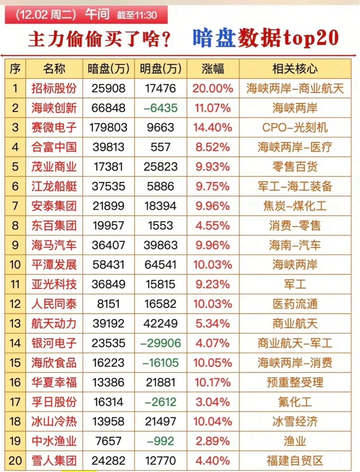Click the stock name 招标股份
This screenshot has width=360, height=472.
(x=54, y=88)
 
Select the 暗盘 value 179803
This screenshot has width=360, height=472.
(x=108, y=128)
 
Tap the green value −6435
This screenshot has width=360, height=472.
(x=160, y=108)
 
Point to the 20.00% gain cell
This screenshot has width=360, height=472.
(x=213, y=88)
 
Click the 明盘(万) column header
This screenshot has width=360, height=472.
(x=160, y=69)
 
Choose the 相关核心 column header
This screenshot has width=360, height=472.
(x=295, y=69)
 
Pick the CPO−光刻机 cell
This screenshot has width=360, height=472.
(x=295, y=128)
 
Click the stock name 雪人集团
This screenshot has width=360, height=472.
(x=54, y=460)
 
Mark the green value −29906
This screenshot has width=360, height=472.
(x=160, y=343)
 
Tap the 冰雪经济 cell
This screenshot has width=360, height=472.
(x=295, y=421)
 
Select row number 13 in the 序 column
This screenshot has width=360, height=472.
(x=15, y=324)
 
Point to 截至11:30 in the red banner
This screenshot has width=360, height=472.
(x=137, y=15)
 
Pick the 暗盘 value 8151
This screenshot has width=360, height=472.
(x=108, y=304)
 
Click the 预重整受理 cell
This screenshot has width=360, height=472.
(x=295, y=382)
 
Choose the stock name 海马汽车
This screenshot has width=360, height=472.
(x=54, y=245)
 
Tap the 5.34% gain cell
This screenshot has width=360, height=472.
(x=213, y=324)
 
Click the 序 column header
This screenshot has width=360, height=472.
(x=15, y=69)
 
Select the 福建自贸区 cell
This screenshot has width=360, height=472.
(x=295, y=460)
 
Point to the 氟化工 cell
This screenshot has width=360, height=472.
(x=295, y=402)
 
